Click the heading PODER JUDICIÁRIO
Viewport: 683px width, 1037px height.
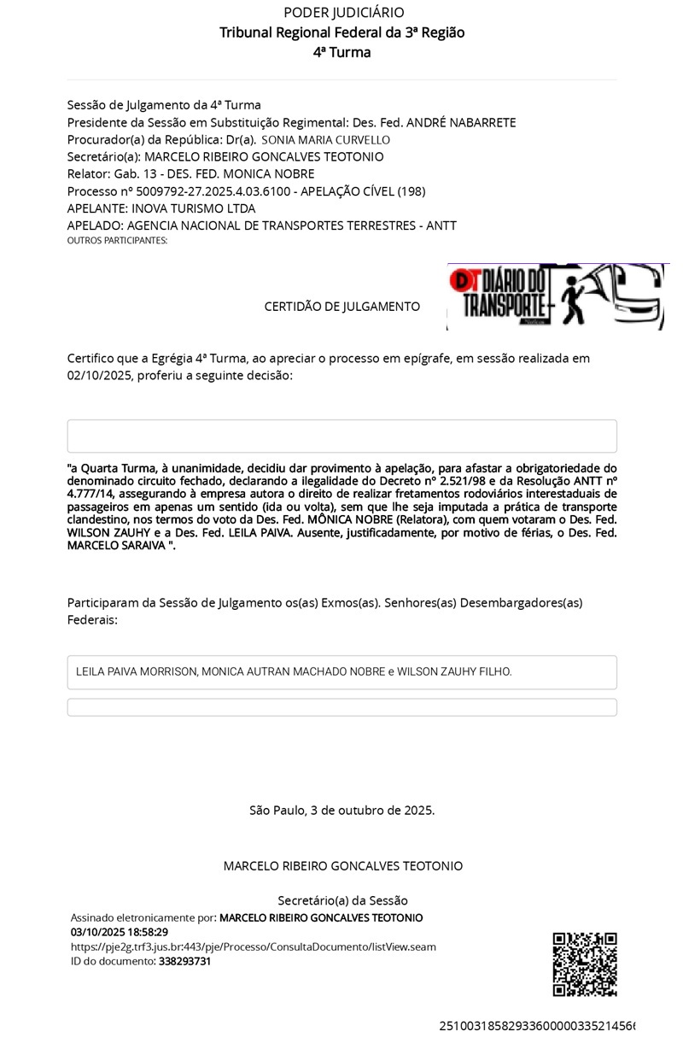(x=343, y=13)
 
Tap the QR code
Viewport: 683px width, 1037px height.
(x=585, y=964)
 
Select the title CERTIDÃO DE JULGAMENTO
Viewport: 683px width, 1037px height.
(x=341, y=306)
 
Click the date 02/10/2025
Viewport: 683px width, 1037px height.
(x=100, y=375)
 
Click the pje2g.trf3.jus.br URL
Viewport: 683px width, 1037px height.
(x=254, y=946)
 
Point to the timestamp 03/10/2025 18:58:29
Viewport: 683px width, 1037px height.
(x=120, y=932)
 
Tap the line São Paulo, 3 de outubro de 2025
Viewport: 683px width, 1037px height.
(x=341, y=810)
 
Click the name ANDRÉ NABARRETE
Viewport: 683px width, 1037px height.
(x=461, y=123)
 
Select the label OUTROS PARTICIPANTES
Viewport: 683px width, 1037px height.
(x=117, y=241)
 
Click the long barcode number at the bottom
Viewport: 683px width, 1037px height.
(x=536, y=1025)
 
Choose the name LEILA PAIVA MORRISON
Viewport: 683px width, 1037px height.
(x=136, y=672)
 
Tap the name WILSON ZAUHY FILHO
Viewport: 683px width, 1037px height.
(x=454, y=672)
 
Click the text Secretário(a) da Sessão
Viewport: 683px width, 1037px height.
(x=342, y=900)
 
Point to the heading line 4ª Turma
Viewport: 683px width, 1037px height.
(x=342, y=52)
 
